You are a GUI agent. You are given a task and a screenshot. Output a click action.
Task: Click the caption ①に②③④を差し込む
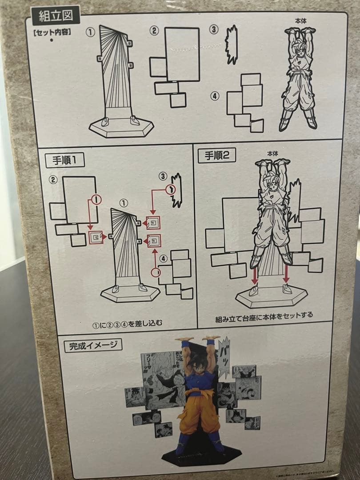(x=127, y=324)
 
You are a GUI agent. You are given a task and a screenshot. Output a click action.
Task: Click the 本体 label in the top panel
(x=300, y=21)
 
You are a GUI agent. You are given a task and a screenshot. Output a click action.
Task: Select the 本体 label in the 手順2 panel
(x=272, y=153)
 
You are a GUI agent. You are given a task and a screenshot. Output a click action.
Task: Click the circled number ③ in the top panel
(x=215, y=30)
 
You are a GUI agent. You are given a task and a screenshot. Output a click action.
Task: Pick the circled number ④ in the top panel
(x=215, y=96)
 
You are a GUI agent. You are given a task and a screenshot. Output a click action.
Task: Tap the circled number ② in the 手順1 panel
(x=53, y=180)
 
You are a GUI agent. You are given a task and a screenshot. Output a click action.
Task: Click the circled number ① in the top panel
(x=91, y=33)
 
